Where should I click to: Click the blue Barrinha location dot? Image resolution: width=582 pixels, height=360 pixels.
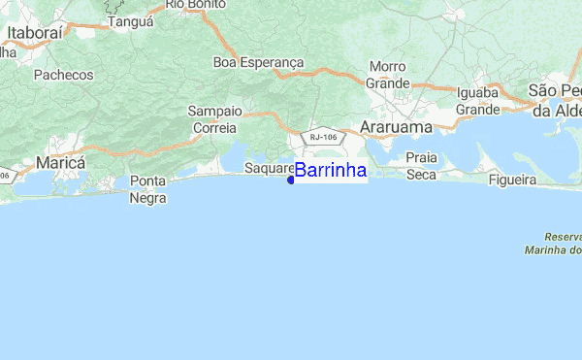click(291, 179)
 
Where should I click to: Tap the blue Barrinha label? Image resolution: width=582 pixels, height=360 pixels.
click(330, 171)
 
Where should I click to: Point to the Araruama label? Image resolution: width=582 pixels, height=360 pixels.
click(393, 127)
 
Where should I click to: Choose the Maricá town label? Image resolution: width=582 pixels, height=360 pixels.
click(60, 161)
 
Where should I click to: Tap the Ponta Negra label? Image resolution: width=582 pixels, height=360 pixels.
click(147, 190)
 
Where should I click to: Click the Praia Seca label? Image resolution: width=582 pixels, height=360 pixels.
click(421, 165)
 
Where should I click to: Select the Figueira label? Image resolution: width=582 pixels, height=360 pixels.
click(513, 180)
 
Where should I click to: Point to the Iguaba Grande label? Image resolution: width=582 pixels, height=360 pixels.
click(478, 102)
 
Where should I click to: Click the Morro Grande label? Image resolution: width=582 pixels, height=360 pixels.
click(387, 76)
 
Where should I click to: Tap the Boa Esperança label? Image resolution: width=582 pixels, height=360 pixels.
click(258, 62)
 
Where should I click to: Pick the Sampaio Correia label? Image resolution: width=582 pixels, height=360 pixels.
click(214, 119)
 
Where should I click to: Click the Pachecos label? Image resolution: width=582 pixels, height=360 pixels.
click(63, 75)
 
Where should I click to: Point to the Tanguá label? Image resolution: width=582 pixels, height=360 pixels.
click(131, 20)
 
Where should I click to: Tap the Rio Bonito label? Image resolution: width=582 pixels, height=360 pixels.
click(189, 5)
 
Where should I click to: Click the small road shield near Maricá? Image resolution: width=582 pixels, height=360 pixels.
click(6, 176)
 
